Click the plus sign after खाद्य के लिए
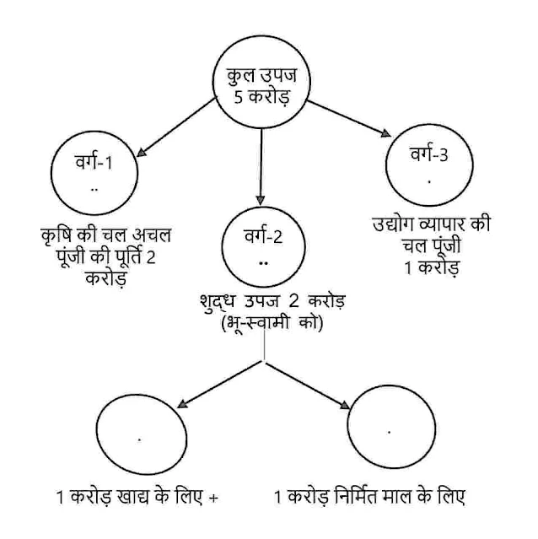tap(214, 497)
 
